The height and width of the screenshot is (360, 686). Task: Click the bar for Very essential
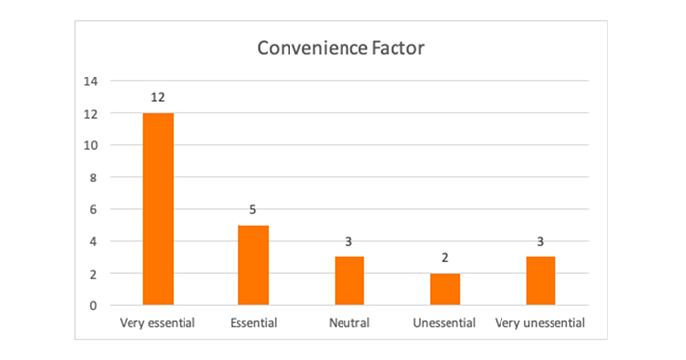coord(158,209)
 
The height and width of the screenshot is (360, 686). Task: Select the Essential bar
coord(253,265)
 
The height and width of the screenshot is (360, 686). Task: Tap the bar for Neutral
coord(349,281)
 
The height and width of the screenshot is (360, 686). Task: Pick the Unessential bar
coord(445,288)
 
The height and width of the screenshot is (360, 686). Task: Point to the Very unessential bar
coord(541,281)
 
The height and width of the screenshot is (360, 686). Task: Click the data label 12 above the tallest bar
coord(158,98)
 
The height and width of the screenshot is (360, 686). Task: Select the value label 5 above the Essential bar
coord(253,210)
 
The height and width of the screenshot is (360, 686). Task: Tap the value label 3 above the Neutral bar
coord(349,242)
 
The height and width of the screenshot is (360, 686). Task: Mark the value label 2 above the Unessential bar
coord(445,258)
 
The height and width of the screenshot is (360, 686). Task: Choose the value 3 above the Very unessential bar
coord(541,242)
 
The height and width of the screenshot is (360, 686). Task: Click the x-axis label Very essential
coord(158,322)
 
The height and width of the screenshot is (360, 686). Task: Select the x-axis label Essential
coord(253,322)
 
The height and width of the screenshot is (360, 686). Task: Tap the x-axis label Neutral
coord(349,322)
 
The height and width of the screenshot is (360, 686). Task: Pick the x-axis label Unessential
coord(445,322)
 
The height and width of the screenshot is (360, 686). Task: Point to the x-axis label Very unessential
coord(541,322)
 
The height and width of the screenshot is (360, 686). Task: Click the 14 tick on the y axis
coord(90,82)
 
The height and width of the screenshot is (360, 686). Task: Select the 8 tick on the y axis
coord(93,178)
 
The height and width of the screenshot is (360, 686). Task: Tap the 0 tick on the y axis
coord(93,305)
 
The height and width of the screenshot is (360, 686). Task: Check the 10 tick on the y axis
coord(90,146)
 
